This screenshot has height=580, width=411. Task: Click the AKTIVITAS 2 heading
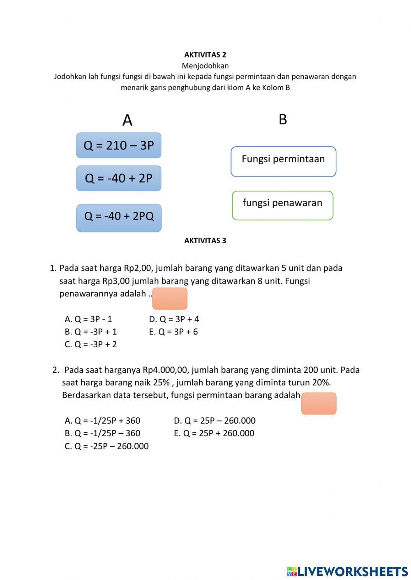(205, 55)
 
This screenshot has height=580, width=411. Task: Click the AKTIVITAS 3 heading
(205, 241)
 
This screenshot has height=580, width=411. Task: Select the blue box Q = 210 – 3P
(119, 145)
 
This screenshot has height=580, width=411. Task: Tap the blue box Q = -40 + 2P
(119, 178)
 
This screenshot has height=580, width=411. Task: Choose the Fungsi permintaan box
(283, 161)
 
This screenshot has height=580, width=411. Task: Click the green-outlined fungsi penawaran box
(282, 205)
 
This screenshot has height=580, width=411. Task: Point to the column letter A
(127, 120)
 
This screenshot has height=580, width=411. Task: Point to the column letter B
(283, 119)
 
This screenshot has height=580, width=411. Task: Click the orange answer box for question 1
(170, 298)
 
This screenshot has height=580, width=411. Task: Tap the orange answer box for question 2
(319, 403)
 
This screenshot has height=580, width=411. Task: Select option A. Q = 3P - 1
(88, 319)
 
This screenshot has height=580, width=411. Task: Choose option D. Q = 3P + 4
(174, 319)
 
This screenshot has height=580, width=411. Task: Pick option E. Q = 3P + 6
(173, 332)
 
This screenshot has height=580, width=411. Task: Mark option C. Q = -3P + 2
(91, 344)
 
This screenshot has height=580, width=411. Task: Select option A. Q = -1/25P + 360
(102, 421)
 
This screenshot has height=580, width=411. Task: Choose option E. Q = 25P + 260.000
(214, 433)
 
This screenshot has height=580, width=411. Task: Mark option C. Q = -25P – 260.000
(107, 446)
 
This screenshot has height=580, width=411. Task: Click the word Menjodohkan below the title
(205, 66)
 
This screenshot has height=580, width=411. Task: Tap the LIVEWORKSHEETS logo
(347, 571)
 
